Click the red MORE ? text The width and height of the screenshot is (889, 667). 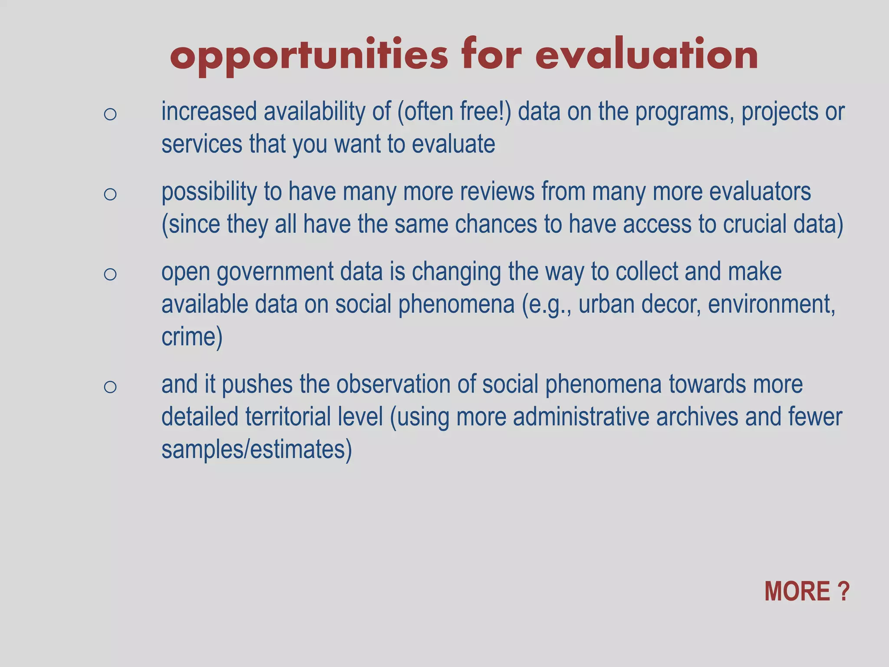(807, 591)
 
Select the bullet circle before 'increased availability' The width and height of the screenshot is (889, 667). (110, 114)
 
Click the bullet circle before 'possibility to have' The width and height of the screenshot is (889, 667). (110, 194)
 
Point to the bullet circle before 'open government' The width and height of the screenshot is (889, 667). (110, 274)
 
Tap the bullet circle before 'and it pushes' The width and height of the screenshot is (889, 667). (110, 386)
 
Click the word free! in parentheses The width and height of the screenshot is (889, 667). (486, 111)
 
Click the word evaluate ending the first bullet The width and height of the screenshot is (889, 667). (453, 144)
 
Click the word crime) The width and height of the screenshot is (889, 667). (192, 337)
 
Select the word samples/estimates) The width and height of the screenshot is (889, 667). (257, 449)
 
